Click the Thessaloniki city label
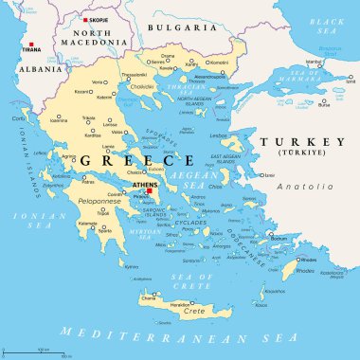[x=133, y=74]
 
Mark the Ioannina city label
[x=59, y=121]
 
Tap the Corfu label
[x=18, y=118]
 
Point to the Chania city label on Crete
[x=148, y=297]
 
